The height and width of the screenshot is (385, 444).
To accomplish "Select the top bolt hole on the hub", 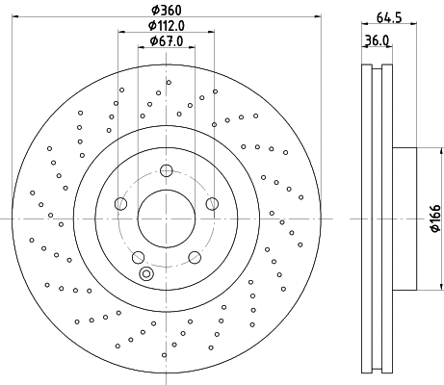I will pyautogui.click(x=166, y=171).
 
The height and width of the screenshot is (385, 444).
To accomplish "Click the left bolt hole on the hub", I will pyautogui.click(x=120, y=203).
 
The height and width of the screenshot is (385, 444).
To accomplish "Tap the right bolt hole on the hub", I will pyautogui.click(x=211, y=203).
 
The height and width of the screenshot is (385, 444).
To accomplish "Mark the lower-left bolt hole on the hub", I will pyautogui.click(x=138, y=256).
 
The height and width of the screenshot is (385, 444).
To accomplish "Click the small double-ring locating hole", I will pyautogui.click(x=146, y=274).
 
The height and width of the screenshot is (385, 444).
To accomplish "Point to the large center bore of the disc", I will pyautogui.click(x=166, y=218).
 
